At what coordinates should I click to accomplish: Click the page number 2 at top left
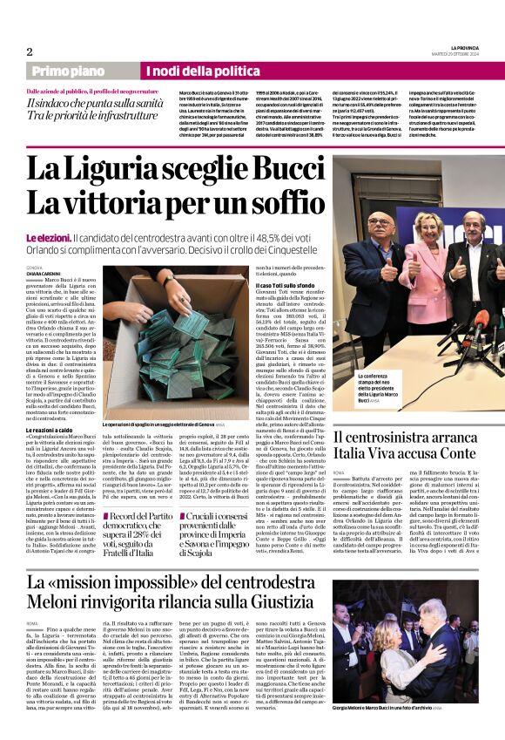click(x=30, y=51)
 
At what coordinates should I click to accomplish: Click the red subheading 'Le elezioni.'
click(x=69, y=238)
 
